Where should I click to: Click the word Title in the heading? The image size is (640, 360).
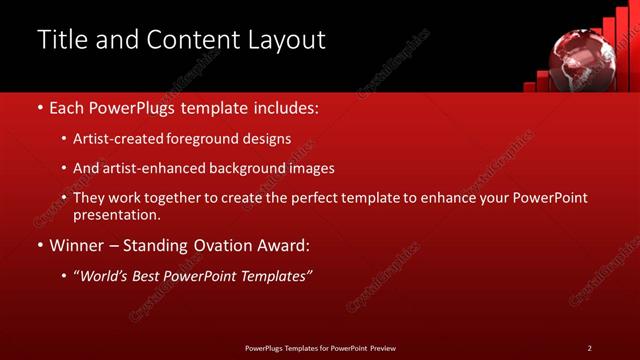click(63, 40)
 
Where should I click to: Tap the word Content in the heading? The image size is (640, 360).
click(201, 40)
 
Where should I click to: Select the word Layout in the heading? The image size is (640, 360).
click(289, 40)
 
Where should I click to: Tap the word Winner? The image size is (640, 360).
click(76, 244)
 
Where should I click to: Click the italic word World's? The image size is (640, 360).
click(103, 274)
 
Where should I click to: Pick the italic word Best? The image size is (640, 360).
click(148, 274)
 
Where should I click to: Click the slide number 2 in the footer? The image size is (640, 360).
click(589, 348)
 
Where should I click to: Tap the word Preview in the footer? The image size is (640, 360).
click(383, 348)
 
